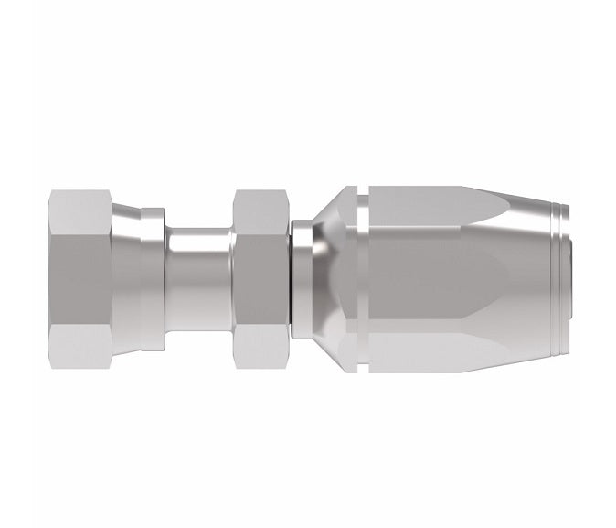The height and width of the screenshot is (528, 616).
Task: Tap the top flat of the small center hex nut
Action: coord(261,206)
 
